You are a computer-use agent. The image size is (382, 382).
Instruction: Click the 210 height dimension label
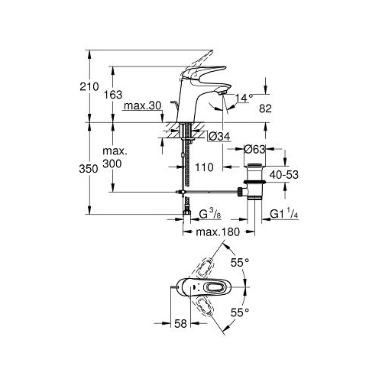click(89, 87)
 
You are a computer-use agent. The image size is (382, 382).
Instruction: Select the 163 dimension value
click(113, 95)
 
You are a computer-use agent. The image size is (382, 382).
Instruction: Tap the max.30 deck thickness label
click(142, 105)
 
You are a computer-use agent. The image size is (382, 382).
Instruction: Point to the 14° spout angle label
click(244, 98)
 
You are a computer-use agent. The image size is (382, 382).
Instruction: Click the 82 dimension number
click(265, 108)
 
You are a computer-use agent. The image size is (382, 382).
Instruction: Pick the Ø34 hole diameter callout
click(219, 137)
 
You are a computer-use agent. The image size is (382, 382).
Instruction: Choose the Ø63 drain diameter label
click(254, 149)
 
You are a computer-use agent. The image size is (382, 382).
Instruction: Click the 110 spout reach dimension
click(204, 167)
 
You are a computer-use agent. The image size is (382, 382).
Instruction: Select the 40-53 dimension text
click(284, 175)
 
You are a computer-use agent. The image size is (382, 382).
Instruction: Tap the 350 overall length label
click(89, 169)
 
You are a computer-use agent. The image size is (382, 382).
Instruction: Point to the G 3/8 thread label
click(210, 214)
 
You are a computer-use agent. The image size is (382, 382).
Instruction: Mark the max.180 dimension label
click(218, 232)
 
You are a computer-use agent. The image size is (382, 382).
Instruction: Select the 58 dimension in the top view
click(180, 323)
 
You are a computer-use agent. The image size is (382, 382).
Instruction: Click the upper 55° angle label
click(240, 262)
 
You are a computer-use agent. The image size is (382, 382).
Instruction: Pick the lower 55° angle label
click(240, 312)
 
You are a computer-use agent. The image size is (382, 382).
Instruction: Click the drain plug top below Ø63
click(254, 165)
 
